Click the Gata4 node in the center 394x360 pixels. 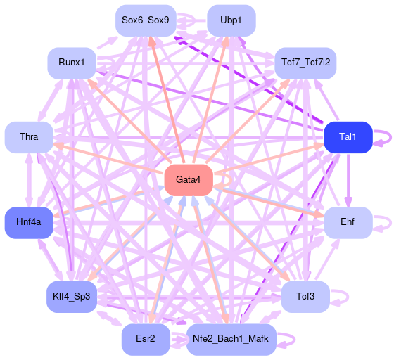189,180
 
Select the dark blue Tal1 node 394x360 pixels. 348,137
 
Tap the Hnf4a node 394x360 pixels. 29,222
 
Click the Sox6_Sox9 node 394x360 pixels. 146,20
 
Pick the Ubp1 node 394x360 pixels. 231,20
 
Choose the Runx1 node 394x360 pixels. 72,63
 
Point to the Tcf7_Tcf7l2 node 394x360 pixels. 305,63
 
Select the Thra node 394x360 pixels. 29,137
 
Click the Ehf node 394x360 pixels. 348,222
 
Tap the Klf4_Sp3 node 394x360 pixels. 72,297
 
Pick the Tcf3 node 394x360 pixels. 305,297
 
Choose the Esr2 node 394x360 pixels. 146,340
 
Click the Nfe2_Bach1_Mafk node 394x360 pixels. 231,340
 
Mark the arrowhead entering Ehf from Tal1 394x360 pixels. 348,202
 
